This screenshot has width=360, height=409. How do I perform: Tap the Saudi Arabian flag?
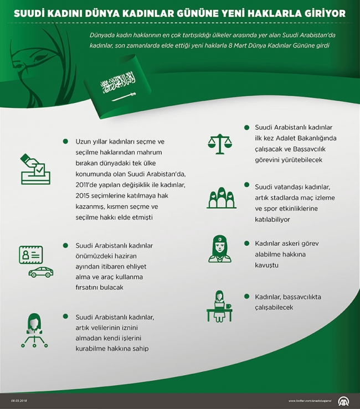pyautogui.click(x=117, y=86)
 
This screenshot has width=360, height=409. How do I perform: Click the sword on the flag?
pyautogui.click(x=124, y=96)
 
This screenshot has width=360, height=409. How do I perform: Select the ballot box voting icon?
pyautogui.click(x=35, y=169)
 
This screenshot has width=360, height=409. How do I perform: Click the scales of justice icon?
pyautogui.click(x=220, y=144)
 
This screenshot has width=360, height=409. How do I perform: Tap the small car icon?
pyautogui.click(x=41, y=272)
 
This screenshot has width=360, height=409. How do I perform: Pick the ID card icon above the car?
pyautogui.click(x=31, y=255)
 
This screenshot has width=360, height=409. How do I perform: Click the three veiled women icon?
pyautogui.click(x=222, y=198)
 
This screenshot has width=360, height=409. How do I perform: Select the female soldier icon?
pyautogui.click(x=220, y=248)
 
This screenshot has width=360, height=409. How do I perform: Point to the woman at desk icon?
pyautogui.click(x=219, y=307)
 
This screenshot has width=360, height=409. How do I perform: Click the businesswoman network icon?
pyautogui.click(x=34, y=330)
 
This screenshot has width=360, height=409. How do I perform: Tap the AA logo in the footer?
pyautogui.click(x=344, y=401)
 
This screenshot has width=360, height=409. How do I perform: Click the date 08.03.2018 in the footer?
pyautogui.click(x=19, y=401)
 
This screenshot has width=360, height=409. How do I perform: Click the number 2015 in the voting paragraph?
pyautogui.click(x=83, y=195)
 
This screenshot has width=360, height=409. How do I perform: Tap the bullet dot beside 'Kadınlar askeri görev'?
pyautogui.click(x=246, y=243)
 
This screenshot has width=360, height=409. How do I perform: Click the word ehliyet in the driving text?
pyautogui.click(x=132, y=267)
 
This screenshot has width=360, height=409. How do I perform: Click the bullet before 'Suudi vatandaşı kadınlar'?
pyautogui.click(x=246, y=185)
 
